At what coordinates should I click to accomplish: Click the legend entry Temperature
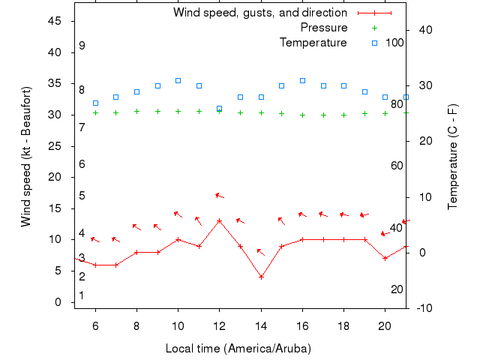click(x=313, y=43)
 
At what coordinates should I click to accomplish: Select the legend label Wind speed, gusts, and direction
click(x=259, y=13)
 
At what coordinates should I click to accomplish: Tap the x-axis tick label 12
click(x=219, y=325)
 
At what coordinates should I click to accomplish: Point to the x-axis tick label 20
click(x=385, y=325)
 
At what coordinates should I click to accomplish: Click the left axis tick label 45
click(x=55, y=21)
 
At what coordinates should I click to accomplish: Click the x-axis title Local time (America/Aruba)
click(x=238, y=349)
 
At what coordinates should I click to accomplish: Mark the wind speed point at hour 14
click(x=261, y=277)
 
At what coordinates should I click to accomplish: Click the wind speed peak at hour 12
click(x=219, y=221)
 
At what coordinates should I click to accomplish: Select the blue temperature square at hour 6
click(x=95, y=103)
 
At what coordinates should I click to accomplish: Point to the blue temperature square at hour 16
click(x=302, y=80)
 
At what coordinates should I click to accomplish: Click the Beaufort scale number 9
click(x=82, y=45)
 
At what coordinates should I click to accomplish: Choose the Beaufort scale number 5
click(x=82, y=196)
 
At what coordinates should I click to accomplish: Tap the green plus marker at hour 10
click(x=178, y=111)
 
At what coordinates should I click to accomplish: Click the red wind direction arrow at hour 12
click(x=220, y=196)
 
